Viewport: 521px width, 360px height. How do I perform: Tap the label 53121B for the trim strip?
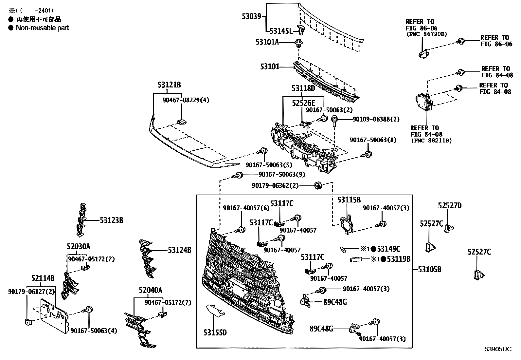[x=169, y=85]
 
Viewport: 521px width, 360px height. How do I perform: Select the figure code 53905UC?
[x=498, y=349]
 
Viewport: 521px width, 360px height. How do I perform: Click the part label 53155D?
[x=215, y=333]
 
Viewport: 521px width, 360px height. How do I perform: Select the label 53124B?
[x=180, y=250]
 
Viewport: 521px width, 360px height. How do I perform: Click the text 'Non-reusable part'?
[x=42, y=28]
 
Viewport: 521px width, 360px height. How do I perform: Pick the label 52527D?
[x=450, y=206]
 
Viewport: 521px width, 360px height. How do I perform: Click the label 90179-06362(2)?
[x=275, y=186]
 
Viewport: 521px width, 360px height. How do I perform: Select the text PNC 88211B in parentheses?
[x=431, y=141]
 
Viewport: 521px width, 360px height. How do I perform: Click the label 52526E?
[x=303, y=103]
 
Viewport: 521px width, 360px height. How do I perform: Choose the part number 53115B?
[x=349, y=200]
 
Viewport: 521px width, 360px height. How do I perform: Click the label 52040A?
[x=150, y=290]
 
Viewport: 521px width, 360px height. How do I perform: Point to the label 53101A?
[x=267, y=42]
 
